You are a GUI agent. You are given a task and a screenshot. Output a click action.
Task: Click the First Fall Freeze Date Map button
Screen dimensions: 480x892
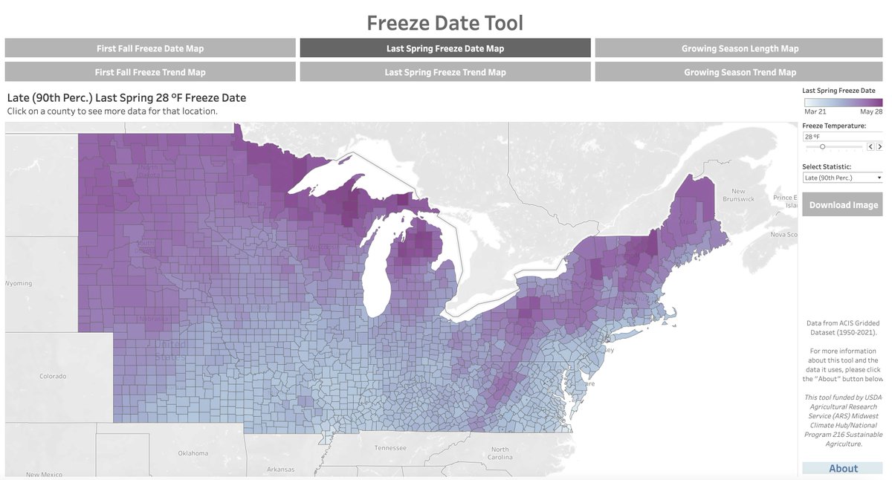click(x=150, y=48)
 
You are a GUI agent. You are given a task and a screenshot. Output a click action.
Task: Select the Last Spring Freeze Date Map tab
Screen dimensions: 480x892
click(x=445, y=48)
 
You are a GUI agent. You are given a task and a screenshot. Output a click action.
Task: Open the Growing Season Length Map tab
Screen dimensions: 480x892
click(x=740, y=48)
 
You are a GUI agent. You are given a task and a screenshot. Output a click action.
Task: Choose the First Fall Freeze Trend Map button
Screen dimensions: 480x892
click(x=150, y=72)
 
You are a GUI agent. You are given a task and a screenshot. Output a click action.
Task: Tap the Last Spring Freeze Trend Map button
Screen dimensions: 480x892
click(x=445, y=72)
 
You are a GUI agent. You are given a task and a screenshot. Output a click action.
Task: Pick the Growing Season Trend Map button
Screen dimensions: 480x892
click(x=740, y=72)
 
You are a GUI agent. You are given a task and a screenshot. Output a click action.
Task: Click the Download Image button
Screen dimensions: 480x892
click(x=843, y=205)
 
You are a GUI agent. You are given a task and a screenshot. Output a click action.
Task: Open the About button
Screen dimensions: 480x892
click(x=843, y=468)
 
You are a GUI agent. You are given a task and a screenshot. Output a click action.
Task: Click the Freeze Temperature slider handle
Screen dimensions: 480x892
click(x=822, y=147)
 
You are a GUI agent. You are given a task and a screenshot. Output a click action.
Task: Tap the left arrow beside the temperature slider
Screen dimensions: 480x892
click(x=870, y=147)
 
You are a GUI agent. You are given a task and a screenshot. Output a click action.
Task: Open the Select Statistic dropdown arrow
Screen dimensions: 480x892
click(x=879, y=178)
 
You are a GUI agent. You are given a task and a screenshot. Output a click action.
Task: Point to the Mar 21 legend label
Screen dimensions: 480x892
click(x=815, y=111)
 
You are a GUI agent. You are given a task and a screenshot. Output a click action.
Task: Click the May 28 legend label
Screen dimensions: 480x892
click(x=871, y=111)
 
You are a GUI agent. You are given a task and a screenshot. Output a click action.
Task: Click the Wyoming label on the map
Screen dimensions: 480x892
click(x=19, y=284)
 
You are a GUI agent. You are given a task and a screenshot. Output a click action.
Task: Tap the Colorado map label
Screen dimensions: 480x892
click(x=54, y=376)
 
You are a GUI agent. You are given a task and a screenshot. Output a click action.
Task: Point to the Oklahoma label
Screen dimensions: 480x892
click(x=193, y=453)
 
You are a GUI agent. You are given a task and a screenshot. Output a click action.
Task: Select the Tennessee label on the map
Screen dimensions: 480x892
click(x=390, y=448)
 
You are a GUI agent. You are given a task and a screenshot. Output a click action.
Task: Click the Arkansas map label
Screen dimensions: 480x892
click(x=281, y=470)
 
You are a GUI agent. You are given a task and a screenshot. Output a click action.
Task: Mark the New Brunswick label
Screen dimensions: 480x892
click(x=738, y=195)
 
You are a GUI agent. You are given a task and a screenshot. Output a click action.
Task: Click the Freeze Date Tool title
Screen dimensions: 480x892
click(x=445, y=23)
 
